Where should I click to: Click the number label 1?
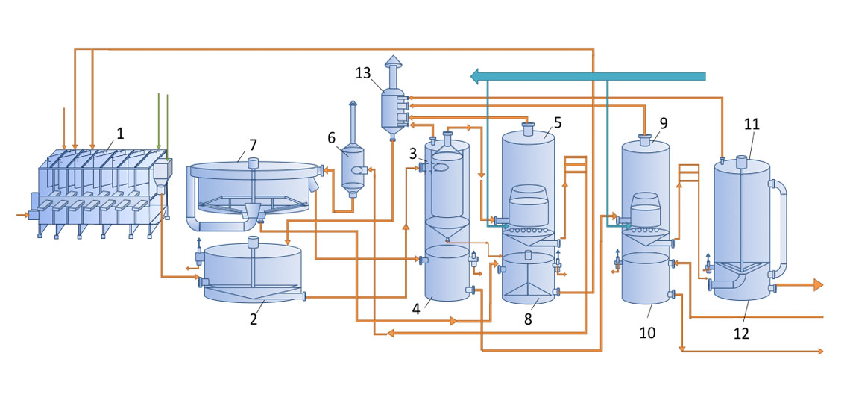pos(120,134)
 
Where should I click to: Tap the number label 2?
pos(254,319)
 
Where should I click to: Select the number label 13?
pos(364,73)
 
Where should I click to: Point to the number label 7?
pos(254,145)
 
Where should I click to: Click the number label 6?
pos(332,138)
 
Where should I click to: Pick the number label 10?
pos(647,333)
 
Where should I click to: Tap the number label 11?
pos(752,124)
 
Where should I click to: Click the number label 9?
pos(663,124)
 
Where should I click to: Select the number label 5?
pos(558,122)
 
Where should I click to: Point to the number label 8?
pos(528,319)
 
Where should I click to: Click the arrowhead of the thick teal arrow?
pos(477,76)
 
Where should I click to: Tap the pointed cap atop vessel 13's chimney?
pos(392,60)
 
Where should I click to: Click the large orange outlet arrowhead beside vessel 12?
pos(817,284)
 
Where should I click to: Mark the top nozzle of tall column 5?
pos(528,128)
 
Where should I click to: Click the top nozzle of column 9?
pos(645,140)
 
